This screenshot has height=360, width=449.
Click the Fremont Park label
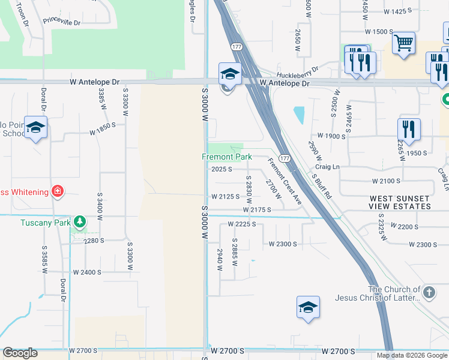[x=226, y=157]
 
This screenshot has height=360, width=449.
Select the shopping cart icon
[x=404, y=42]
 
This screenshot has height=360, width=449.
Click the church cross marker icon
[x=428, y=292]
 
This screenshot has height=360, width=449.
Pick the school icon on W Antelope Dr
[x=229, y=74]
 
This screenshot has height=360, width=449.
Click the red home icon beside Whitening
[x=57, y=191]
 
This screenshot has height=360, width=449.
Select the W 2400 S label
[x=87, y=272]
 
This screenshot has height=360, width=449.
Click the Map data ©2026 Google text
[x=412, y=355]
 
